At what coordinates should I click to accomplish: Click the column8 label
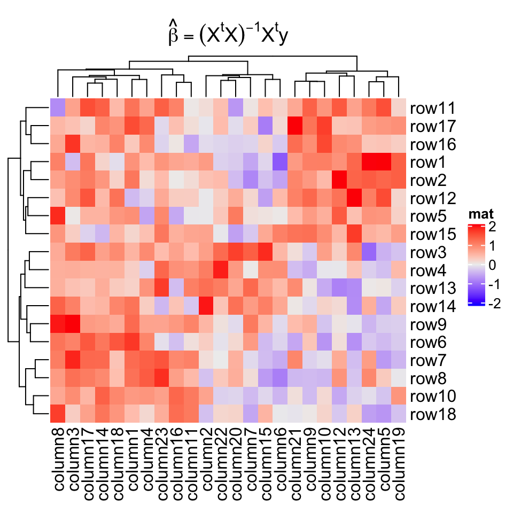pyautogui.click(x=58, y=460)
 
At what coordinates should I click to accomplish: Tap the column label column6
pyautogui.click(x=280, y=460)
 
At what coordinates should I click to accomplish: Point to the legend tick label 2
pyautogui.click(x=492, y=227)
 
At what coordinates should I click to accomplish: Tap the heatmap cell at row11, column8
pyautogui.click(x=58, y=108)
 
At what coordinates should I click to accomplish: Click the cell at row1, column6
pyautogui.click(x=280, y=162)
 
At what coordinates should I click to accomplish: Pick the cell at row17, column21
pyautogui.click(x=294, y=126)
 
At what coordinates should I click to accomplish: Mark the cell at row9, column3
pyautogui.click(x=73, y=324)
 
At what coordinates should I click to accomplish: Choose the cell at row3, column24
pyautogui.click(x=368, y=252)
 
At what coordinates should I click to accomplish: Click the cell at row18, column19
pyautogui.click(x=398, y=414)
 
